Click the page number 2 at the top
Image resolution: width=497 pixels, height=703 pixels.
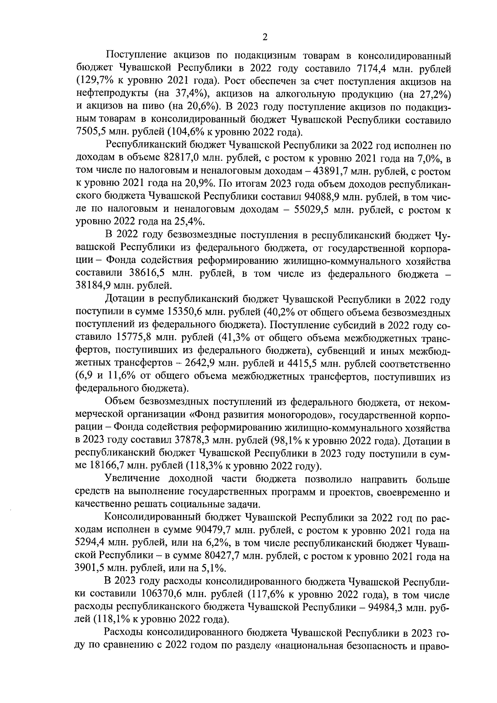(265, 37)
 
